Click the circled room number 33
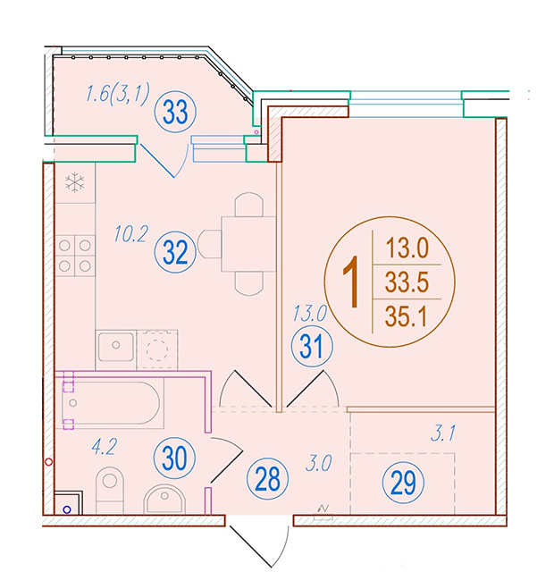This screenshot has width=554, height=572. (175, 112)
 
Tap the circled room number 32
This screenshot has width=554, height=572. (175, 252)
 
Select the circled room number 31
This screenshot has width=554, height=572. (312, 346)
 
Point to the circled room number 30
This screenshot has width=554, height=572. (175, 458)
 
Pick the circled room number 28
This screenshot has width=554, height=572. (267, 479)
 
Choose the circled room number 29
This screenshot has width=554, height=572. (403, 483)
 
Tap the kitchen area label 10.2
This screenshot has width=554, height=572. (130, 234)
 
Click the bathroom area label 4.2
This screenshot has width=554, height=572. (105, 447)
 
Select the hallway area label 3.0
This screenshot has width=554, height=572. (318, 463)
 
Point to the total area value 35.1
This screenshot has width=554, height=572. (406, 316)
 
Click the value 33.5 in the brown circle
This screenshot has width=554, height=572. (407, 282)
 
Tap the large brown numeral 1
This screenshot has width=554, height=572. (351, 282)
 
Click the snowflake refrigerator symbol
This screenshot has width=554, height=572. (75, 182)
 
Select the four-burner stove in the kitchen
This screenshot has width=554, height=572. (75, 256)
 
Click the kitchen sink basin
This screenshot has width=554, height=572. (115, 347)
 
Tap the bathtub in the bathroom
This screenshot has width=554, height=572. (109, 403)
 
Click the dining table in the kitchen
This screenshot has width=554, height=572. (248, 244)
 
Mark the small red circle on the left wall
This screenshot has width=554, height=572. (48, 462)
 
